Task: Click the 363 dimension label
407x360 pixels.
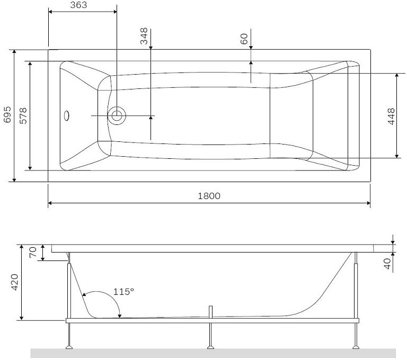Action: click(x=78, y=5)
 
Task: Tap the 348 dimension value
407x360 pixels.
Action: click(x=144, y=36)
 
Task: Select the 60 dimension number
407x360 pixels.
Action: click(x=244, y=39)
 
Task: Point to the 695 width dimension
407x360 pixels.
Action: click(x=7, y=114)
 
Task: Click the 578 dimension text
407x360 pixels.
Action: click(x=23, y=116)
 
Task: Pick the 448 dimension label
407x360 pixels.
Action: click(x=391, y=116)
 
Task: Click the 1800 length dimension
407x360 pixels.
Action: click(x=209, y=196)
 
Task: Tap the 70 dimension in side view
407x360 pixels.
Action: click(x=33, y=252)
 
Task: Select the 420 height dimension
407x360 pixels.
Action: click(x=14, y=282)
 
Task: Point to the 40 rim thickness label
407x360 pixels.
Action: click(x=387, y=264)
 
